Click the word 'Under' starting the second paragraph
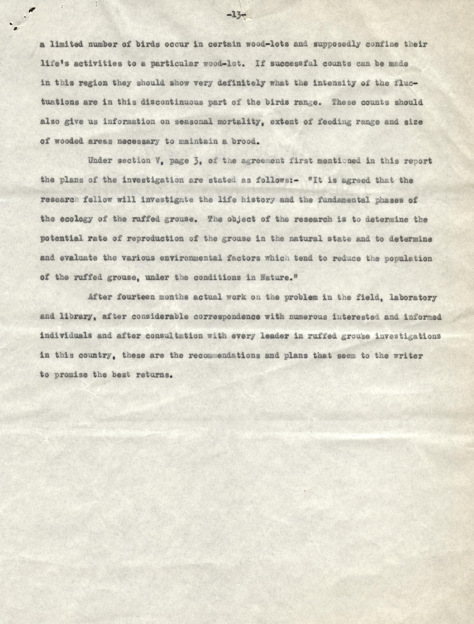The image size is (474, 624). tap(100, 161)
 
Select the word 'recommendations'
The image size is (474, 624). tap(224, 355)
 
